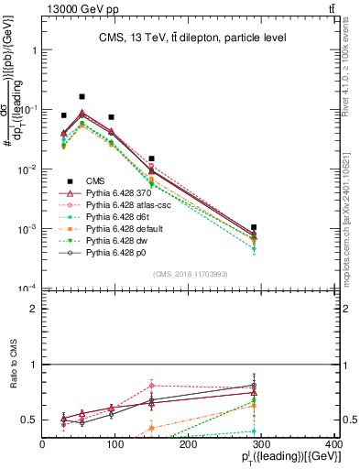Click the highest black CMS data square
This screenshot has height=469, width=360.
coord(82,96)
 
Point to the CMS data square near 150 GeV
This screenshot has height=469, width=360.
coord(151,158)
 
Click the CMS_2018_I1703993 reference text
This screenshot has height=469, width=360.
coord(189,274)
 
